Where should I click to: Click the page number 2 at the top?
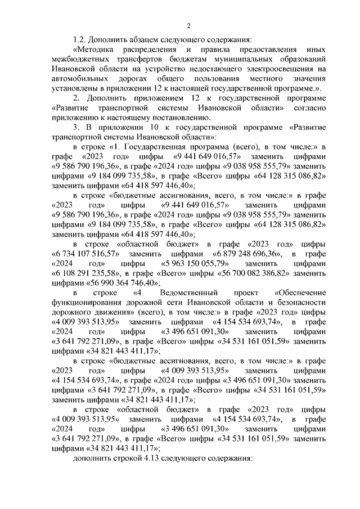(189, 25)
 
